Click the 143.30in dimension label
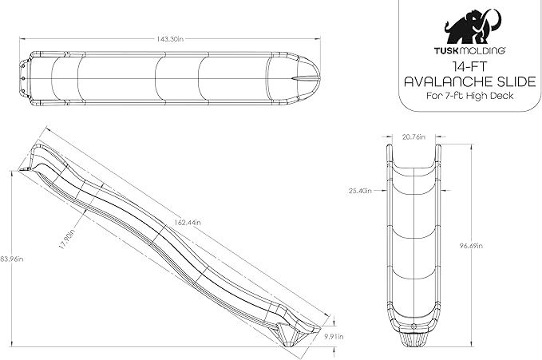170,39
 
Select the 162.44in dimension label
187,223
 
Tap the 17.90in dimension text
66,239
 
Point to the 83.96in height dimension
11,259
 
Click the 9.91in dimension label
334,336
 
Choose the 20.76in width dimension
413,137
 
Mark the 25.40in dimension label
360,191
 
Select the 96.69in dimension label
471,246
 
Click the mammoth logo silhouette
473,26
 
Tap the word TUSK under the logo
446,50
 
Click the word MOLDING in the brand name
481,50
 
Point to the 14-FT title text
469,66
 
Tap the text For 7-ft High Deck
469,96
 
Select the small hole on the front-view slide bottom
413,326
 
